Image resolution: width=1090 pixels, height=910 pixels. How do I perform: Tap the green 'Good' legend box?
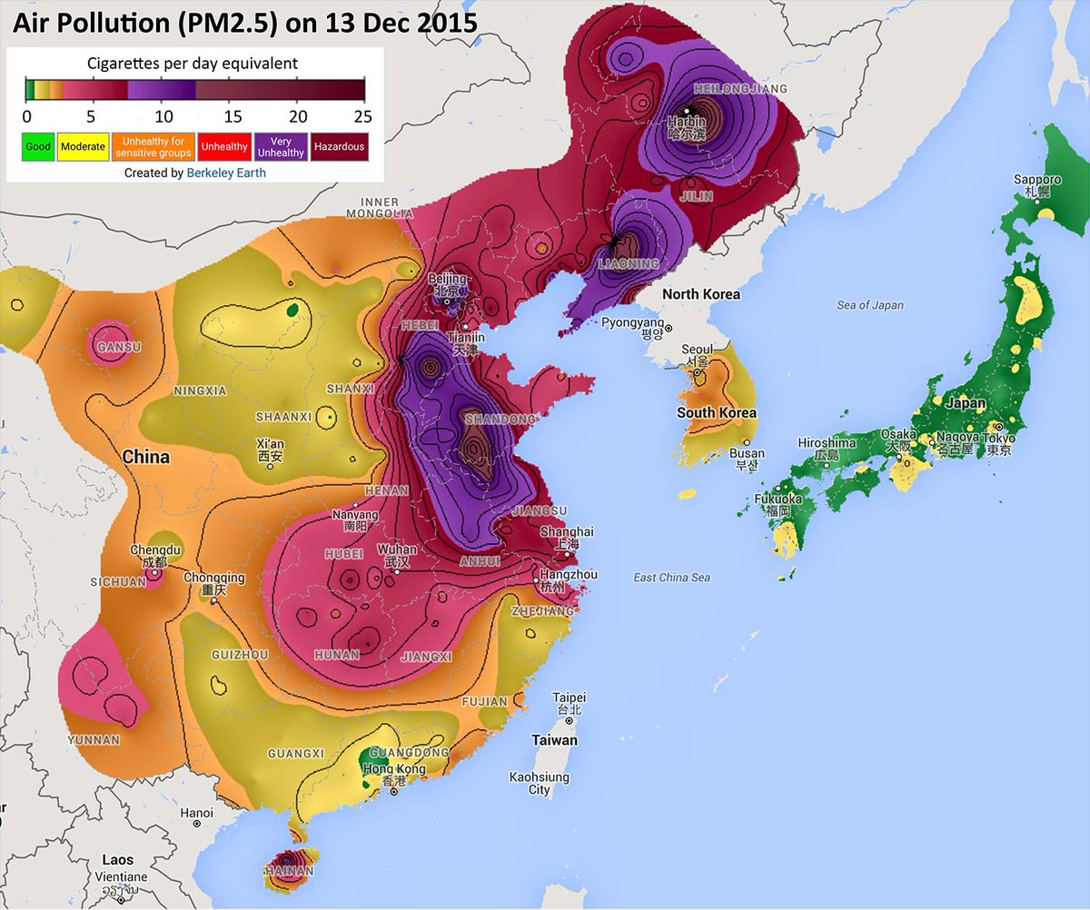point(38,146)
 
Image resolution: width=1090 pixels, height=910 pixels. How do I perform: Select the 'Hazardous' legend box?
point(339,146)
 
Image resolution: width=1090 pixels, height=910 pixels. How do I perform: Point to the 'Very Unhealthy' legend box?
point(281,146)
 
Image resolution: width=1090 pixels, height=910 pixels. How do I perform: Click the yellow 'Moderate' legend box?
point(84,146)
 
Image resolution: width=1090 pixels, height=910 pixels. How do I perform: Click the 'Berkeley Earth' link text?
point(226,172)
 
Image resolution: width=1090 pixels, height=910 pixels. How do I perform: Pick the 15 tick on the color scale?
point(232,116)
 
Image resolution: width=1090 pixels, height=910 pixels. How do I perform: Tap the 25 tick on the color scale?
point(362,116)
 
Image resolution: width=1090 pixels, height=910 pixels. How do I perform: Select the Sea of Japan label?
point(869,305)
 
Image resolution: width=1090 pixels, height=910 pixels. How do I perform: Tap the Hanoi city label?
point(197,813)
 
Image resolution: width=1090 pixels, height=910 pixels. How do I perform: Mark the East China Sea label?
point(672,578)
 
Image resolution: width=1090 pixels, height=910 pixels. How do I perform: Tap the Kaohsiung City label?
point(540,784)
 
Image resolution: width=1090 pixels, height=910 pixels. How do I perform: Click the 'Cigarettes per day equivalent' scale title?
point(192,64)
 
